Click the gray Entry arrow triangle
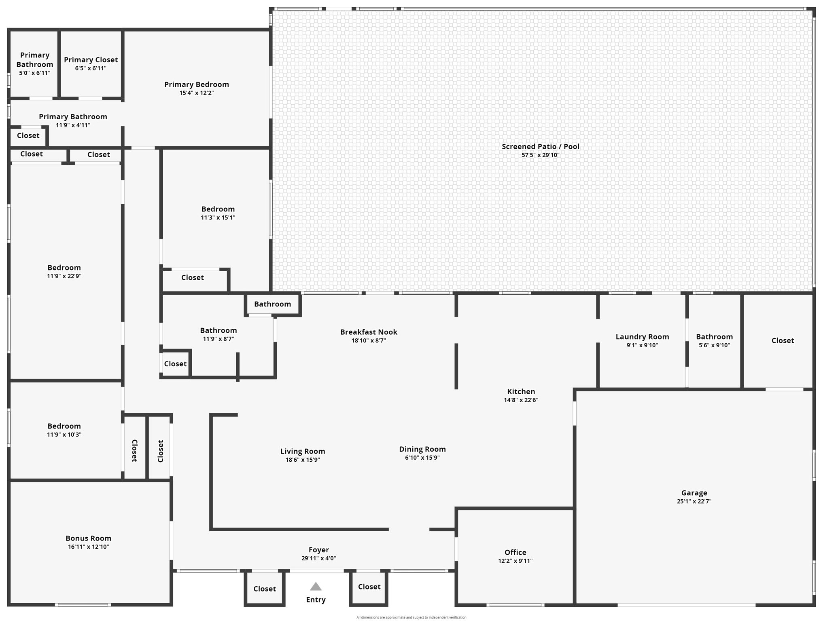316,586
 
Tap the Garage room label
694,492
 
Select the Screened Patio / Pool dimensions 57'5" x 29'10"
540,155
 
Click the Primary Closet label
91,59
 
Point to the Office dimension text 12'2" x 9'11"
515,561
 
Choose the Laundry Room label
642,336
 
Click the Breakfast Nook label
369,332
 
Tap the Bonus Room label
88,538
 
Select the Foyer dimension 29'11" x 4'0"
318,558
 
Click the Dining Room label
422,449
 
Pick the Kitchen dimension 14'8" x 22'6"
521,400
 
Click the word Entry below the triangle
316,599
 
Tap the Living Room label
303,451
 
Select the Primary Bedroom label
196,84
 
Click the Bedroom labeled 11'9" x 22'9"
64,267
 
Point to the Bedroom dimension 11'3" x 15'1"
218,218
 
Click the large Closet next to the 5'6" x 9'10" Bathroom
783,340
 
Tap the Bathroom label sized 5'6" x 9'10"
714,336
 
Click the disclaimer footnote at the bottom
411,617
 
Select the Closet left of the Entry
265,588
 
